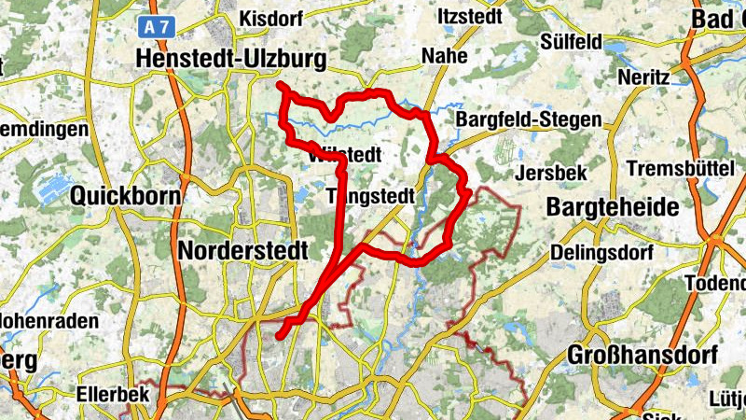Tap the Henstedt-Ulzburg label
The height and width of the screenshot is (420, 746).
[230, 60]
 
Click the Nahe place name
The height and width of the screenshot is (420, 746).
[444, 56]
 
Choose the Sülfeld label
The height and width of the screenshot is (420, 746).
[571, 41]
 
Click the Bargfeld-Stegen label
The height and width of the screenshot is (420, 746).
[529, 120]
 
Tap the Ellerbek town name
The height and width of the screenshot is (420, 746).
[114, 395]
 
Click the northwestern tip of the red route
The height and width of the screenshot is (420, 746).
[280, 86]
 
